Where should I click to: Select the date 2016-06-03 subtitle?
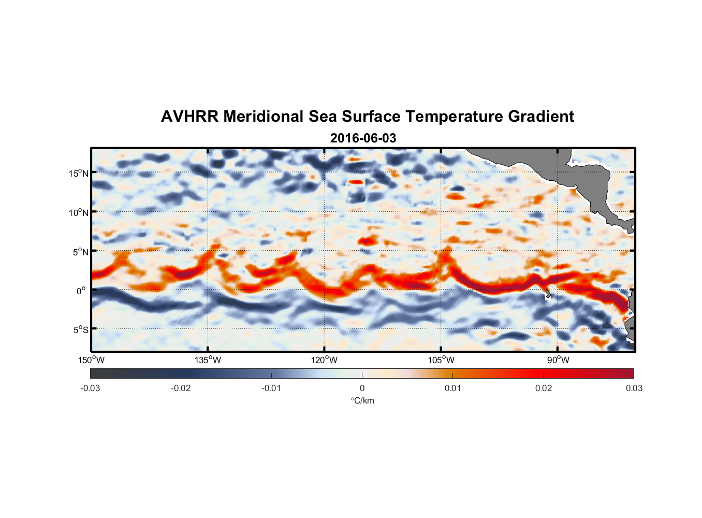[x=363, y=138]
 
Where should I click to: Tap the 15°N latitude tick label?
[x=79, y=173]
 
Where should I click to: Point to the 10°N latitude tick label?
[x=79, y=212]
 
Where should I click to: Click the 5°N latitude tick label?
[x=80, y=252]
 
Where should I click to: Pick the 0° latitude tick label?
[x=81, y=291]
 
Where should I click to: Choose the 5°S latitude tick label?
[x=80, y=330]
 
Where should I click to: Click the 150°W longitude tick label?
[x=91, y=360]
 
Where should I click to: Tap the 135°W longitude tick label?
[x=208, y=360]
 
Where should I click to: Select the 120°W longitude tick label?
[x=325, y=360]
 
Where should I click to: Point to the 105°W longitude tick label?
[x=441, y=360]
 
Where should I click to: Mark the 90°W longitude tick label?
[x=558, y=360]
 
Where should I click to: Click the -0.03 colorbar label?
[x=90, y=388]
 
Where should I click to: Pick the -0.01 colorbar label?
[x=271, y=388]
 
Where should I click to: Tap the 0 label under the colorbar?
[x=362, y=388]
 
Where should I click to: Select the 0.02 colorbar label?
[x=544, y=388]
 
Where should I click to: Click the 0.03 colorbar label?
[x=634, y=388]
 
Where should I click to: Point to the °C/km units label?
[x=362, y=400]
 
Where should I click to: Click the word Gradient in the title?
[x=541, y=117]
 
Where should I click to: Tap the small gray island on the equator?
[x=548, y=294]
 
